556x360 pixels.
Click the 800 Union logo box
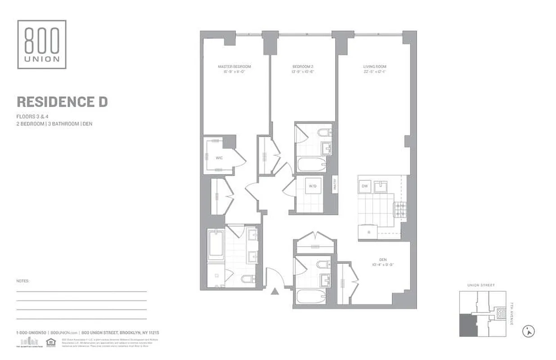pyautogui.click(x=42, y=44)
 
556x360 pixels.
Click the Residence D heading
pyautogui.click(x=62, y=102)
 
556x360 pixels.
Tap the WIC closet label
pyautogui.click(x=219, y=158)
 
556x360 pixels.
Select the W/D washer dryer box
pyautogui.click(x=312, y=186)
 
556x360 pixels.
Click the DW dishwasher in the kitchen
pyautogui.click(x=365, y=186)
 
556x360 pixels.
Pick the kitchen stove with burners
pyautogui.click(x=400, y=209)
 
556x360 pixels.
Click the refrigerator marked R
pyautogui.click(x=368, y=233)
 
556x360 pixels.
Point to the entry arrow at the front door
pyautogui.click(x=274, y=292)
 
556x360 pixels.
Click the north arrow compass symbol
pyautogui.click(x=529, y=332)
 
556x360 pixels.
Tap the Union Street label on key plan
pyautogui.click(x=480, y=285)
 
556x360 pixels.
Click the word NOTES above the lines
pyautogui.click(x=22, y=281)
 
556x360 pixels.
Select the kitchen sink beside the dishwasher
pyautogui.click(x=381, y=185)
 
